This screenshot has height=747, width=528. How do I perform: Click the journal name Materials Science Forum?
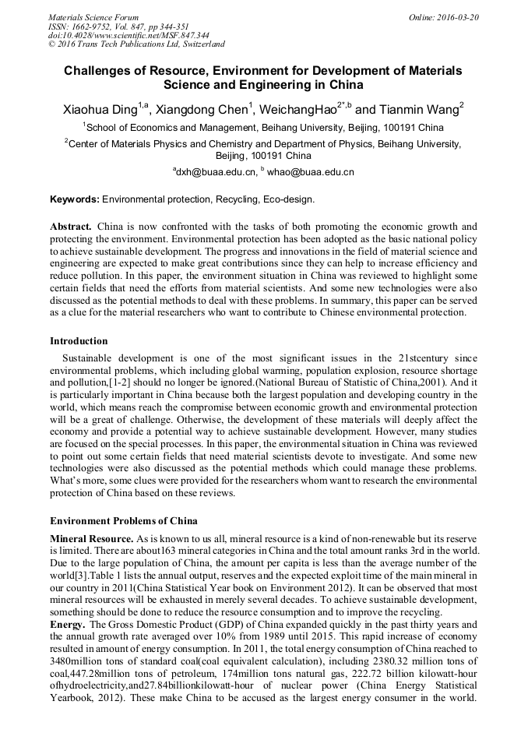(93, 16)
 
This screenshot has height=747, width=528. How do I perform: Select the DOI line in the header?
(128, 35)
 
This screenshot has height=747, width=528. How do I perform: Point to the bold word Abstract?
(71, 227)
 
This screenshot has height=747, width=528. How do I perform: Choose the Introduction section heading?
(79, 340)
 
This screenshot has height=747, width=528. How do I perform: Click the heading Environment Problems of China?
(124, 521)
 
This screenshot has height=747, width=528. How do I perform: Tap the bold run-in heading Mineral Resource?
(92, 538)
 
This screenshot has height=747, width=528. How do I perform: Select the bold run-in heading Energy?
(68, 625)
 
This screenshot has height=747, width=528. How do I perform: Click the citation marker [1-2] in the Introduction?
(106, 383)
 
